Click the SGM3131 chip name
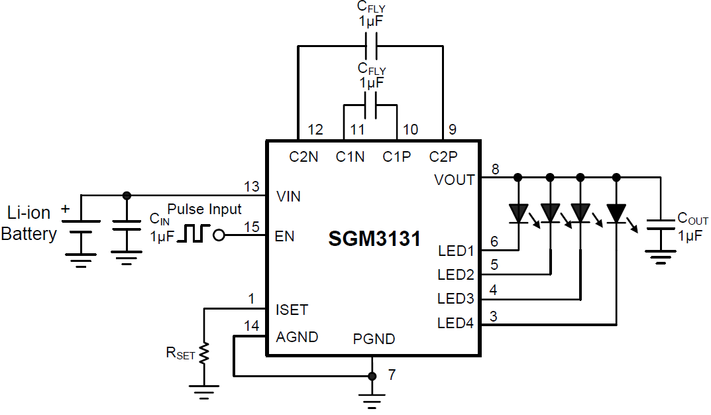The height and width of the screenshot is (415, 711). click(x=374, y=239)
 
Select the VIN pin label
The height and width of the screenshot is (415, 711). click(x=288, y=196)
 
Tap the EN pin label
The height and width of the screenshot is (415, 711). click(x=284, y=235)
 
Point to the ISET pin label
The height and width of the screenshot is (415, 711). click(x=292, y=310)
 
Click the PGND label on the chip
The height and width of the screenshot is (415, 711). click(x=374, y=339)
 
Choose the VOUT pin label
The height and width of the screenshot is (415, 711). click(x=455, y=180)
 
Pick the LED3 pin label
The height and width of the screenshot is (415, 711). click(x=456, y=299)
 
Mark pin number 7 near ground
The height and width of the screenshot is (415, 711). click(x=392, y=375)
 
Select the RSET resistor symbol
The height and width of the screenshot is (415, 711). click(x=205, y=352)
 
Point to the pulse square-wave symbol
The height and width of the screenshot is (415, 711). click(x=196, y=234)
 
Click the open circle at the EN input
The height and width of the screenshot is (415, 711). click(x=219, y=235)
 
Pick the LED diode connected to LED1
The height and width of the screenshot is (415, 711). click(x=518, y=213)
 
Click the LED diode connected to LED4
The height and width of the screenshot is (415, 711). click(x=617, y=213)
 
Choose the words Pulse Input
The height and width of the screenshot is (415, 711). click(x=204, y=209)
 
